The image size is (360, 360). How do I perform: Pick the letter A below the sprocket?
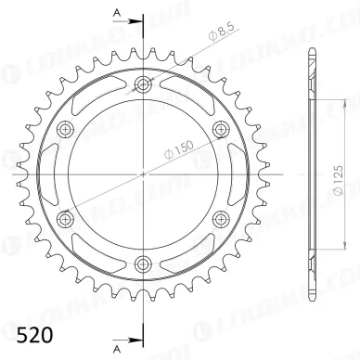[x=118, y=351]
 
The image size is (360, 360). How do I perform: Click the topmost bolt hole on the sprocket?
[x=142, y=85]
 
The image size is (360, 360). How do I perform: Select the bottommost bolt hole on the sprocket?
[x=142, y=263]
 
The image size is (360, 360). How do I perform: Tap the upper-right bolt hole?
[x=219, y=130]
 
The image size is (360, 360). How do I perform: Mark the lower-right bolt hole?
[x=219, y=218]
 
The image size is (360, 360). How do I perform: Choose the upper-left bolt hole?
[x=65, y=130]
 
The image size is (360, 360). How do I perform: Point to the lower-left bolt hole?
[x=65, y=218]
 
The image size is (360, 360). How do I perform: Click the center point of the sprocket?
[x=142, y=174]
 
